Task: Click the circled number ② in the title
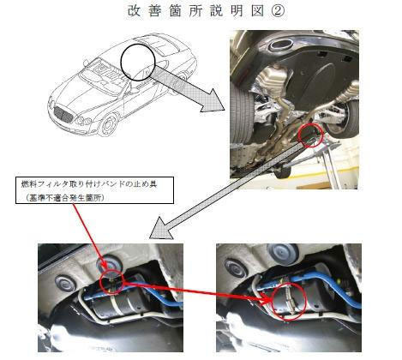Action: [x=277, y=11]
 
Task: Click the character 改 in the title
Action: [x=134, y=11]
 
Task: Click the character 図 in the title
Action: [x=257, y=11]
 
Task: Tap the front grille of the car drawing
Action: [x=63, y=114]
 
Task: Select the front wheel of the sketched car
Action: [x=109, y=125]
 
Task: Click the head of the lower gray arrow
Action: [x=160, y=229]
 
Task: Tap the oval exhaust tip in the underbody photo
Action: [x=281, y=45]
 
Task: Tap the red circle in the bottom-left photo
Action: [x=101, y=282]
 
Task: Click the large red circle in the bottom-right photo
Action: [x=272, y=300]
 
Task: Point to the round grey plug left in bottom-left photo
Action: [x=65, y=283]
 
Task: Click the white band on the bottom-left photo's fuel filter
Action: [x=116, y=305]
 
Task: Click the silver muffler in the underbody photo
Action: [x=272, y=78]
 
